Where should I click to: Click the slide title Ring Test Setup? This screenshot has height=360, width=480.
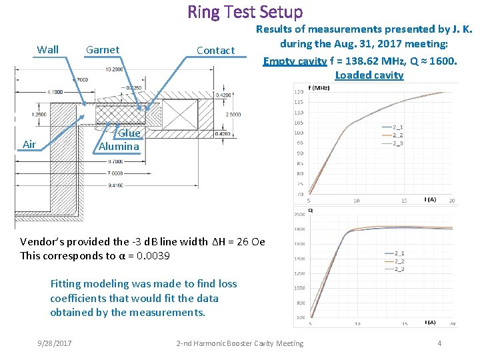coord(245,12)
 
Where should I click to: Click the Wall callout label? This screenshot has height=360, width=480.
coord(47,49)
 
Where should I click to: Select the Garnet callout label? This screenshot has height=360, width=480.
coord(103,49)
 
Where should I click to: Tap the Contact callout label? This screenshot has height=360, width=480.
coord(215,50)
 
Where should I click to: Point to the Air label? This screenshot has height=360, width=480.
coord(29,144)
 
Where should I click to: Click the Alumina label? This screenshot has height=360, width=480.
coord(119,146)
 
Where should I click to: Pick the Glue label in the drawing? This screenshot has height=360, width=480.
coord(129,133)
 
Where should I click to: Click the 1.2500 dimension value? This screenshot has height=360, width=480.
coord(41,114)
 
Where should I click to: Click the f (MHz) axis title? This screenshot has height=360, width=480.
coord(319,87)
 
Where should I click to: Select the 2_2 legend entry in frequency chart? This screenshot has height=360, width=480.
coord(397,135)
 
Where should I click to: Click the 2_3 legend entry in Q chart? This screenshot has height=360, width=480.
coord(399,269)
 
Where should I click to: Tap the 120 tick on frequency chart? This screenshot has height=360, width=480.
coord(298,92)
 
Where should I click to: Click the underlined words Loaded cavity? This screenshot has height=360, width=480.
coord(369,75)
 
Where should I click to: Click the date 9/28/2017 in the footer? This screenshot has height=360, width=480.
coord(57,343)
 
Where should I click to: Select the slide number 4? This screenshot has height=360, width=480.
coord(439,343)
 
